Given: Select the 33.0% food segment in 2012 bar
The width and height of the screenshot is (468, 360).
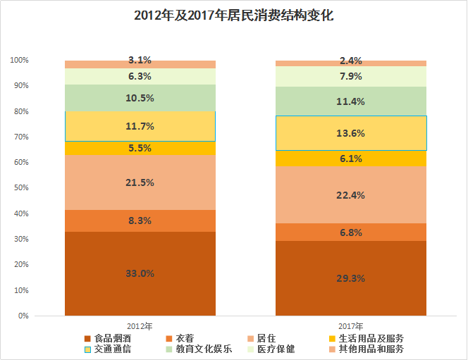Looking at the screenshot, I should tap(140, 273).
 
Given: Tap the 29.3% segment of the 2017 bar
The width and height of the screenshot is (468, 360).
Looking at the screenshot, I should tap(351, 278).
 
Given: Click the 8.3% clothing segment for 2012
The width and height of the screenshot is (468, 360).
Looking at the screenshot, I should tap(140, 221).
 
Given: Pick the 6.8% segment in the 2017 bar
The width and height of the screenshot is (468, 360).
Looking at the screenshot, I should tap(351, 232).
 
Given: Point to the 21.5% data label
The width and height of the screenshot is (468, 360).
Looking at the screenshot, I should tap(140, 182).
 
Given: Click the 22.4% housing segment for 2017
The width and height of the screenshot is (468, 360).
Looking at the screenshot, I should tap(351, 194).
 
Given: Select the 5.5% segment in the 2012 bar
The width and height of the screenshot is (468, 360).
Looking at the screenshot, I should tap(140, 148).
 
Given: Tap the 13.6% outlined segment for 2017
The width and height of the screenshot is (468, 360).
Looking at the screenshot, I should tap(351, 133).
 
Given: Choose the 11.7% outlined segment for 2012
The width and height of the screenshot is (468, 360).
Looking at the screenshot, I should tap(140, 126).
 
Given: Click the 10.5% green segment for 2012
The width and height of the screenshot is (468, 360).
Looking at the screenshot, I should tap(140, 98).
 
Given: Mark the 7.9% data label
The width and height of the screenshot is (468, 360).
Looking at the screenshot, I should tap(351, 76).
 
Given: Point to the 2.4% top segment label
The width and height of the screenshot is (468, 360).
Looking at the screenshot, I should tap(351, 61).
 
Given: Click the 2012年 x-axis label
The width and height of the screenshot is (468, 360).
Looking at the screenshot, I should tap(140, 326).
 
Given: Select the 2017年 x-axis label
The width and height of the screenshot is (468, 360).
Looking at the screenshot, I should tap(350, 326).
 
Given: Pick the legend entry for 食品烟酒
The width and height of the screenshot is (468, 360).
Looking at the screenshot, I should tap(112, 338).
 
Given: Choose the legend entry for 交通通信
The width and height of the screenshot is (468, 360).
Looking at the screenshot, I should tap(112, 349).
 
